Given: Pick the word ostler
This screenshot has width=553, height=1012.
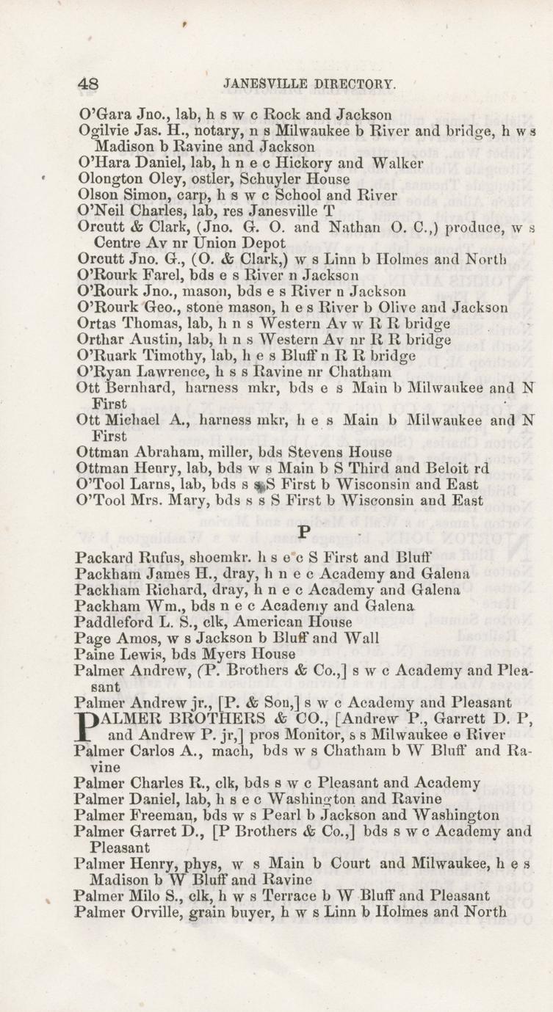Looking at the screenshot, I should tap(170, 178).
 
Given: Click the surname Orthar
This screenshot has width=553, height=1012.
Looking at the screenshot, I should tap(99, 340).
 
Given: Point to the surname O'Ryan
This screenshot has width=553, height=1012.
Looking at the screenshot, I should tap(101, 372).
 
